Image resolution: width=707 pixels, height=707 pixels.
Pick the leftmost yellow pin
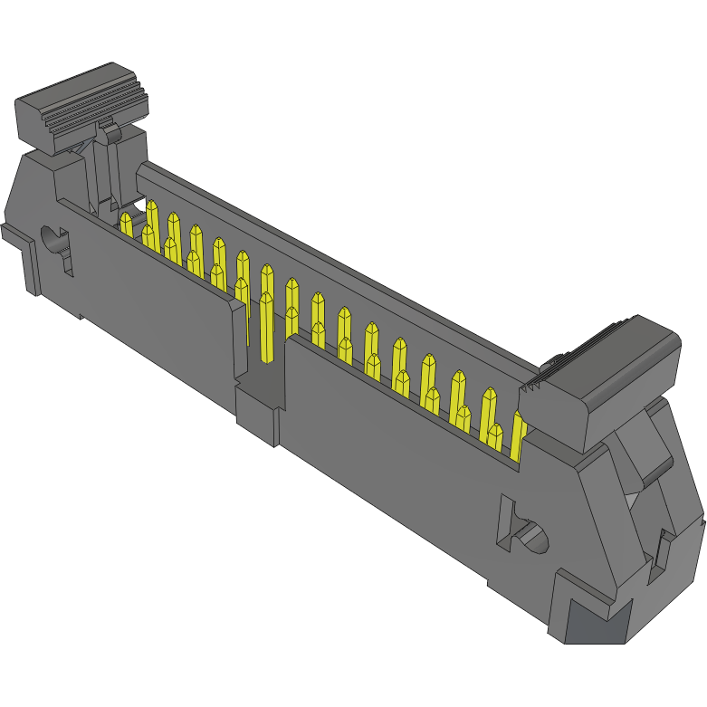126,223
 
